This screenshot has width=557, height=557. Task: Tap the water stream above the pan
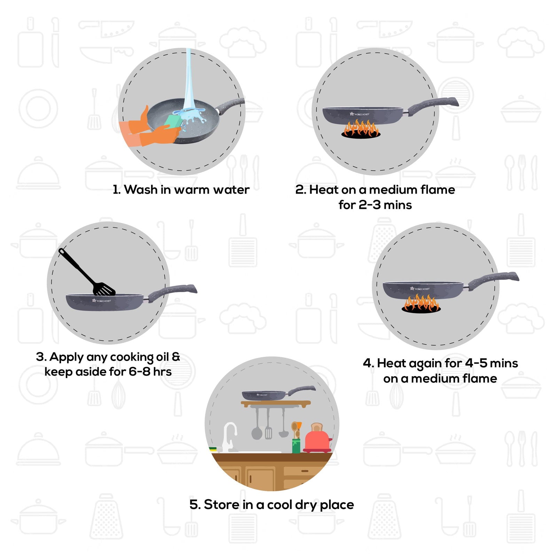(x=188, y=80)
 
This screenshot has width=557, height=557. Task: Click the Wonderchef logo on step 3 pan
(x=101, y=300)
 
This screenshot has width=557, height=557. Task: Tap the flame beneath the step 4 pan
(x=421, y=303)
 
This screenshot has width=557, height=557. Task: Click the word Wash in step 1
(x=141, y=190)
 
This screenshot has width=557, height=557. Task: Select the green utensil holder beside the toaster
(x=296, y=446)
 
